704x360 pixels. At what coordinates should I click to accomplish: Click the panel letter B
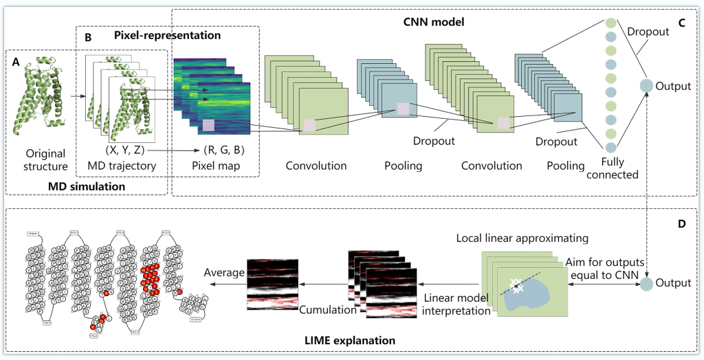click(87, 38)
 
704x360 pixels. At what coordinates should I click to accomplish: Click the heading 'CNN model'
click(434, 22)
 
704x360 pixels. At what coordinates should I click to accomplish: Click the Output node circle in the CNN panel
click(646, 86)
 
